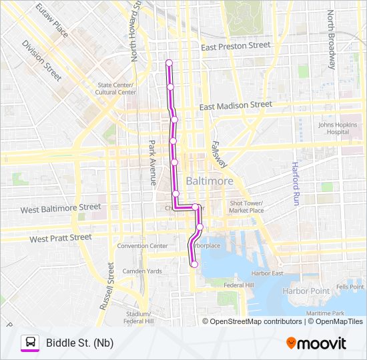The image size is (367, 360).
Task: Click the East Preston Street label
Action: pos(236,45)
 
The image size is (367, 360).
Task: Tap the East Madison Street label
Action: pos(236,105)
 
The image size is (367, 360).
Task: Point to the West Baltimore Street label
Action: pos(61,208)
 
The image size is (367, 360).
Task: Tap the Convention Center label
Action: pos(142,245)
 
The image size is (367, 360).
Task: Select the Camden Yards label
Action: pos(141,271)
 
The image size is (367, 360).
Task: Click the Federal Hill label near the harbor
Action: pos(239,285)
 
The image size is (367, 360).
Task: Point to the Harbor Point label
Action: pos(306,291)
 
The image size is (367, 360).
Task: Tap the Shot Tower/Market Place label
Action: pos(247,207)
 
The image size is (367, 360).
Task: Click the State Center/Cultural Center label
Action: pos(116,88)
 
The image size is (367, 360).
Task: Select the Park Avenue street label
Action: pos(152,162)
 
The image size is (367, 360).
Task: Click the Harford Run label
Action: pos(294,183)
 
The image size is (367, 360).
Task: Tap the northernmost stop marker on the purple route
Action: pos(169,63)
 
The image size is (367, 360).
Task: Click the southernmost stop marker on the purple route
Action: pos(194,265)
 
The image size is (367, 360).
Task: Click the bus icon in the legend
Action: pos(30,343)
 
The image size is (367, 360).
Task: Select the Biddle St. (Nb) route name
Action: pos(79,343)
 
